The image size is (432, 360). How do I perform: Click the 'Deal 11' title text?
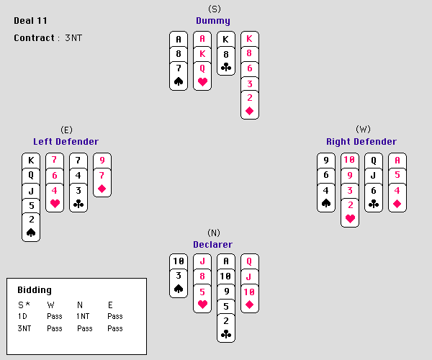(x=31, y=21)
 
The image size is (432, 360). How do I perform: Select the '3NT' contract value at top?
(x=72, y=37)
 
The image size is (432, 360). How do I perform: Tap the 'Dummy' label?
(x=213, y=21)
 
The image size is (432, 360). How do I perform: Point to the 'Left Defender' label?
(x=66, y=142)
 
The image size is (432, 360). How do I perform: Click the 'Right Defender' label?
(x=361, y=142)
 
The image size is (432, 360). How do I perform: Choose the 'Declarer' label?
(x=212, y=245)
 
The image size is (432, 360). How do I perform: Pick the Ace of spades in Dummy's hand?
(x=179, y=39)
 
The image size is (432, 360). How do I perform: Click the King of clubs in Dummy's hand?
(x=226, y=39)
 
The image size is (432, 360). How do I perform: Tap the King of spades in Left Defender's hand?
(x=31, y=161)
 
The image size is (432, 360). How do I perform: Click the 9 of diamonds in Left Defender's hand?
(x=102, y=161)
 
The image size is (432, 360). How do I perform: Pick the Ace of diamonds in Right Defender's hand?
(x=397, y=161)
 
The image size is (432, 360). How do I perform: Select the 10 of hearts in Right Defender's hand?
(x=350, y=161)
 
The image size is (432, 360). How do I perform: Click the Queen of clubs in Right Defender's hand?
(x=374, y=161)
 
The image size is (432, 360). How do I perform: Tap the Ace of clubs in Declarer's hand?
(x=226, y=262)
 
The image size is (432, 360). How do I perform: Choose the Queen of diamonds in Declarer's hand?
(x=250, y=262)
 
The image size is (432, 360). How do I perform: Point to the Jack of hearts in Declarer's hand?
(x=202, y=262)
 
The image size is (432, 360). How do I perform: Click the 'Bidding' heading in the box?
(x=35, y=289)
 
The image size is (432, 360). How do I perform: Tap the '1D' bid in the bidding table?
(x=22, y=316)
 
